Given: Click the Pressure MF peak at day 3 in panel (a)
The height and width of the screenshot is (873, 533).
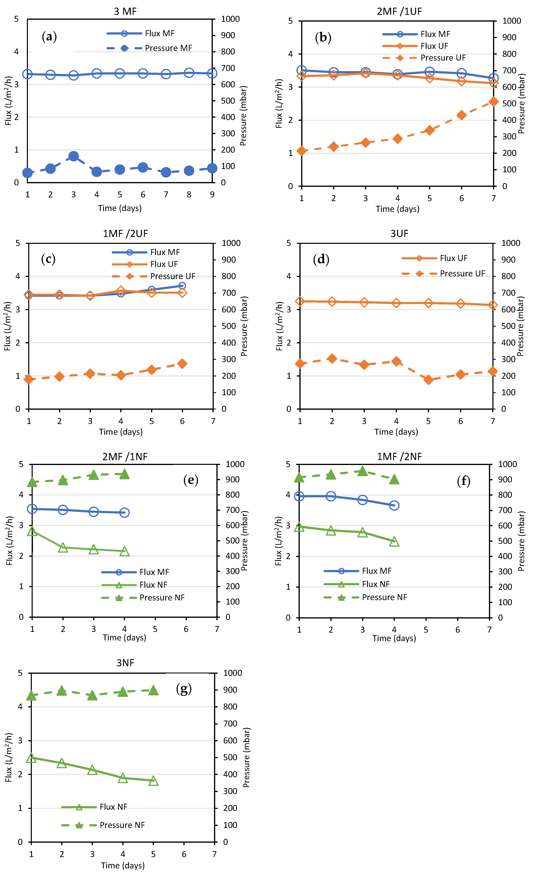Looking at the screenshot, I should pos(73,156).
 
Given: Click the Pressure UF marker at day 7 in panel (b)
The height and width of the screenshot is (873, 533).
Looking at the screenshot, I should pos(493,102).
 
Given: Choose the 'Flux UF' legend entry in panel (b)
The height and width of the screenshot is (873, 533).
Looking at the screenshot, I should pos(434,46).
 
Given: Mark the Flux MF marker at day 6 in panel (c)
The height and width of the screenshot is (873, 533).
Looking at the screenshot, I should pos(182,286).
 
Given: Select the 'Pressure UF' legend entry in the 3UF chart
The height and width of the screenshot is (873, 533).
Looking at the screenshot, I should pos(462,274).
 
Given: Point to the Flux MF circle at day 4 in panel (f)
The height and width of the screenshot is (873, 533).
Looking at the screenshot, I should pos(394,506).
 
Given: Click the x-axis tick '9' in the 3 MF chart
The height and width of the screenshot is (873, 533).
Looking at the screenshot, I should pos(212,194).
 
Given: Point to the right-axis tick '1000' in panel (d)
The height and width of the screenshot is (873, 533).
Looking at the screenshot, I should pos(511,243).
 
